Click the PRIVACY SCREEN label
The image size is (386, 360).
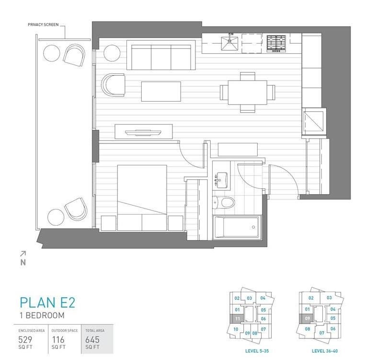(43, 24)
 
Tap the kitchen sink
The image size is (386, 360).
(229, 43)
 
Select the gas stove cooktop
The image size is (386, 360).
(276, 43)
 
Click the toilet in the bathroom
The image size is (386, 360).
(224, 203)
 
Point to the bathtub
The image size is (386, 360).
(237, 227)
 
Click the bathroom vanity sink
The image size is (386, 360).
(222, 180)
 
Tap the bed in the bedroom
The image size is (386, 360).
(142, 198)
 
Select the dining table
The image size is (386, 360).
(248, 93)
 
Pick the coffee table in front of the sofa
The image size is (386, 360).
(161, 92)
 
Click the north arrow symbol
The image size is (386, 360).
(23, 258)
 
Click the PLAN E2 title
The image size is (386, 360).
(47, 302)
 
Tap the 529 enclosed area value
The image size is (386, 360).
(25, 340)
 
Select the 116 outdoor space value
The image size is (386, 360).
(58, 340)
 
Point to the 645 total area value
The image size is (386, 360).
(92, 340)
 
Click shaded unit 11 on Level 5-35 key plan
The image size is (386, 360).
(237, 319)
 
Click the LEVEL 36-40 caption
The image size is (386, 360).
(325, 351)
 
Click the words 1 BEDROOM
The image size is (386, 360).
(42, 315)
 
